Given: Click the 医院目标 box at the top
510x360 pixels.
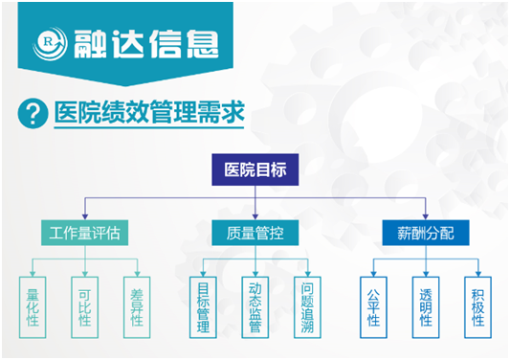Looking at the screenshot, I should (255, 169).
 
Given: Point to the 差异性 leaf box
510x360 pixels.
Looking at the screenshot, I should (137, 304).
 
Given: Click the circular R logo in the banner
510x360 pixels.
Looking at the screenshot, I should (50, 42).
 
